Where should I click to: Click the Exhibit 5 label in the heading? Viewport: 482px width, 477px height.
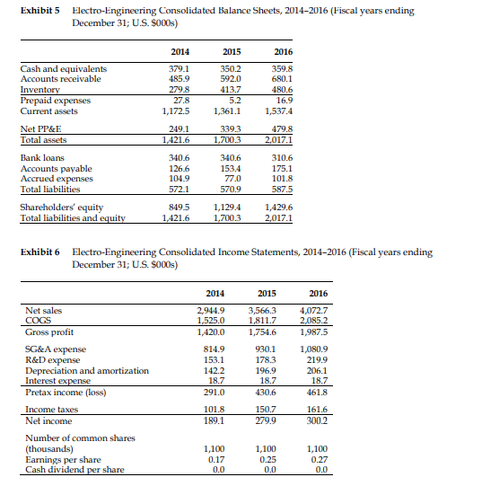pos(39,8)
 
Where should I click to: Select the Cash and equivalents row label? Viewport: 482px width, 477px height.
pos(64,68)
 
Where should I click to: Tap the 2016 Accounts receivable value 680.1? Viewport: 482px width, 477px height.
pos(313,78)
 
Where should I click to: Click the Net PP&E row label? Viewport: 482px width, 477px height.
pos(41,129)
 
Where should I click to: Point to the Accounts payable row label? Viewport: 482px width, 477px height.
pos(57,170)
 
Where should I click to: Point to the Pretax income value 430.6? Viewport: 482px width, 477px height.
pos(267,390)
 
